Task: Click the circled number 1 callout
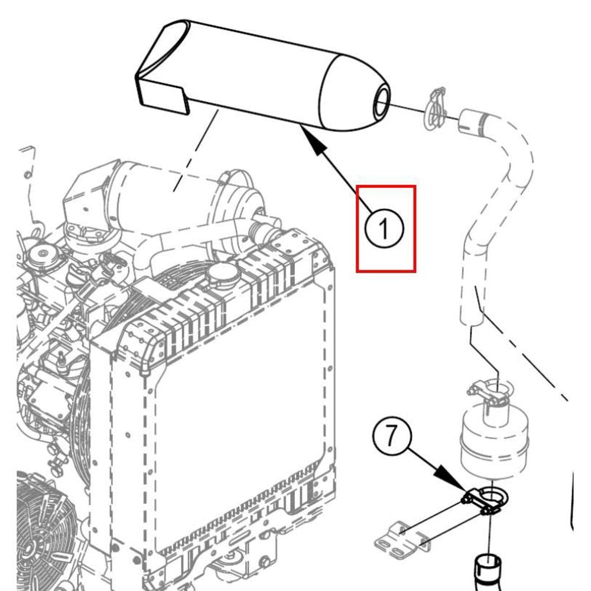[384, 228]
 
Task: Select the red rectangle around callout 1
[386, 228]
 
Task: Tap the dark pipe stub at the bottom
[488, 571]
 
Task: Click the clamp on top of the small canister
[489, 394]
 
